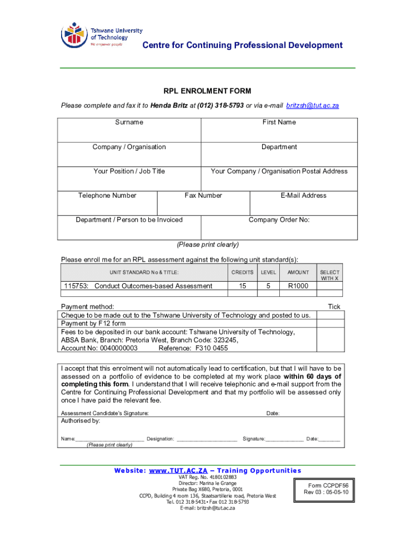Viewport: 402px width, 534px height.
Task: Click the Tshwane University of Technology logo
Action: point(101,35)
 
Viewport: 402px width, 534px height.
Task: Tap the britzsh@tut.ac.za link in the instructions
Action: point(312,105)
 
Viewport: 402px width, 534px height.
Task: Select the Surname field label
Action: point(129,122)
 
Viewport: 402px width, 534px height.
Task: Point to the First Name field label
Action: point(279,122)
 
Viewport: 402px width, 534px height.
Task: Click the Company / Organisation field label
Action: point(129,147)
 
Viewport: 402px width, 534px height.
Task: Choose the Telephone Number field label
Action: point(107,196)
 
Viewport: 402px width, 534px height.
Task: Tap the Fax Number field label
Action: point(203,196)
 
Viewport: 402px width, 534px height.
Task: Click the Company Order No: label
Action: point(279,220)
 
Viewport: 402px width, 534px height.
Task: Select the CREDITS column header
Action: point(242,272)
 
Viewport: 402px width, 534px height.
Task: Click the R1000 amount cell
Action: point(298,286)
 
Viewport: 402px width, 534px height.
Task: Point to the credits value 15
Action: point(242,286)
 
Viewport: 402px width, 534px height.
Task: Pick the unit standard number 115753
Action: point(76,286)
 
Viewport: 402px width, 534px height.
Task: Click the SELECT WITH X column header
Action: point(329,275)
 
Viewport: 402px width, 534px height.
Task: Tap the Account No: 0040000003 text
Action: point(99,348)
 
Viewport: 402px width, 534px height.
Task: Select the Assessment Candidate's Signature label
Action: point(105,413)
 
